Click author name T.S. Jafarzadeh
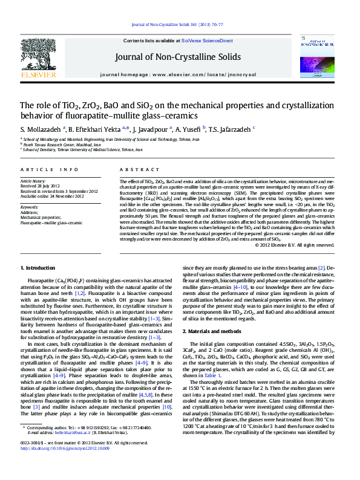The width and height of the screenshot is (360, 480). tap(233, 129)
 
